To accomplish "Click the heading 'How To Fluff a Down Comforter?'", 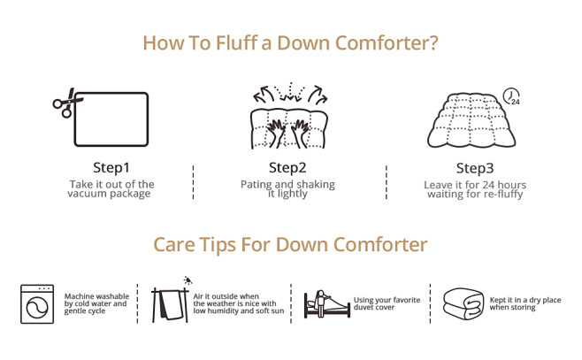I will point(290,43).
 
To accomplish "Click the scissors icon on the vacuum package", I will point(63,105).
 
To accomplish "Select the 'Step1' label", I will point(111,167).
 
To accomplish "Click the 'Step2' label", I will point(287,167).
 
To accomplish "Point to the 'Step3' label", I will point(474,168).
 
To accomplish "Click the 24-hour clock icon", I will point(511,96).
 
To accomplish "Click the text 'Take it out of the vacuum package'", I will point(111,188).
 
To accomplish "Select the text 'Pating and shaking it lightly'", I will point(287,188).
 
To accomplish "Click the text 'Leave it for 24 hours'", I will point(474,185).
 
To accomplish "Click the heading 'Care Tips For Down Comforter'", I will point(290,244).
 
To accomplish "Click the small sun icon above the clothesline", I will point(188,280).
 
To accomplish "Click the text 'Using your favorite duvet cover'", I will point(387,304).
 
